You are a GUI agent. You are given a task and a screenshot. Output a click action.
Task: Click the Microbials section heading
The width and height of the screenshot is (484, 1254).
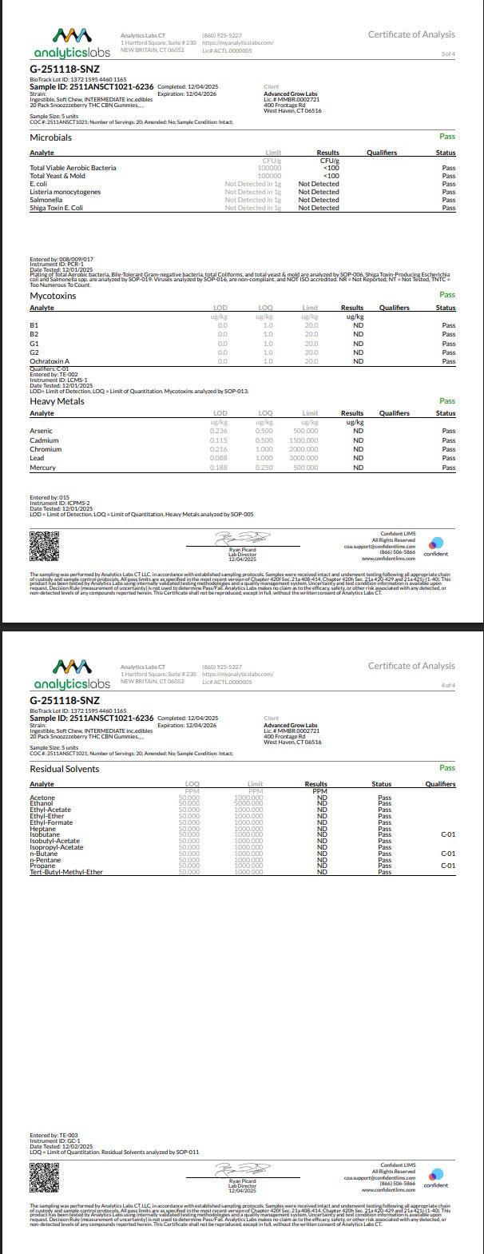coord(50,137)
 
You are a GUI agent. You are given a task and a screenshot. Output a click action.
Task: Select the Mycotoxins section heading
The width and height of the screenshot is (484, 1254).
coord(53,296)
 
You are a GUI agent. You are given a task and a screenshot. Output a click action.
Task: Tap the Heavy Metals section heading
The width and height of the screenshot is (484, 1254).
coord(57,401)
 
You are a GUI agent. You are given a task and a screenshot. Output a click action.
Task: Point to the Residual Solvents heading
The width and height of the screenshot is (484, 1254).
coord(65,769)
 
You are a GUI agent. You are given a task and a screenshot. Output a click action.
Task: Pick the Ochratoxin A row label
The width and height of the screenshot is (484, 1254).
coord(50,361)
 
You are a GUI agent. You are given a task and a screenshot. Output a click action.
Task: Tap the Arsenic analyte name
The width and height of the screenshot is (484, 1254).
coord(42,431)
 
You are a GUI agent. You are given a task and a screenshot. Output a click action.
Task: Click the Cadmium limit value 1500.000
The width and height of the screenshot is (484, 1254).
coord(303,440)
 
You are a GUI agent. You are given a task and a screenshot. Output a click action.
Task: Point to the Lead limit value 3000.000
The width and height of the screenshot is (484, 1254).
coord(303,458)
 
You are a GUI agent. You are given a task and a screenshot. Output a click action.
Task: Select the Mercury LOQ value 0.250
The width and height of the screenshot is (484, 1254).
coord(264,468)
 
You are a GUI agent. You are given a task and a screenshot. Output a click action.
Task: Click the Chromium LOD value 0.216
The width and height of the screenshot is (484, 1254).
coord(219,449)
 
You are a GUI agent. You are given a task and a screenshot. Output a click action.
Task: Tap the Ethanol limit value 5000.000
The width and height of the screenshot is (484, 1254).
coord(248,803)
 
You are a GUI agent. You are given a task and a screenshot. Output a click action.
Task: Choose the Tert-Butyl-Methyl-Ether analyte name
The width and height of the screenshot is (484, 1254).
coord(66,872)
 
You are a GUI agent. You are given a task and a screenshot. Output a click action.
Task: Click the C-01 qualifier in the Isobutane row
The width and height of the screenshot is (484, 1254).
coord(448,834)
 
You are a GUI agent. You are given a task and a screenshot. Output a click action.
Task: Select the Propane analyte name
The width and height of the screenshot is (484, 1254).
coord(42,866)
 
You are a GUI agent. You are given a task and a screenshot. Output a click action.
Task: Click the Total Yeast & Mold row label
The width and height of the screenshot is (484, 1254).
coord(58,176)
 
